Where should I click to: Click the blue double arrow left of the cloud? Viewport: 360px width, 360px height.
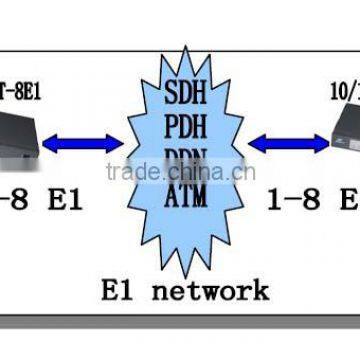82,143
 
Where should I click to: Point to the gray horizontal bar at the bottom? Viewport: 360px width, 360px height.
180,323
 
